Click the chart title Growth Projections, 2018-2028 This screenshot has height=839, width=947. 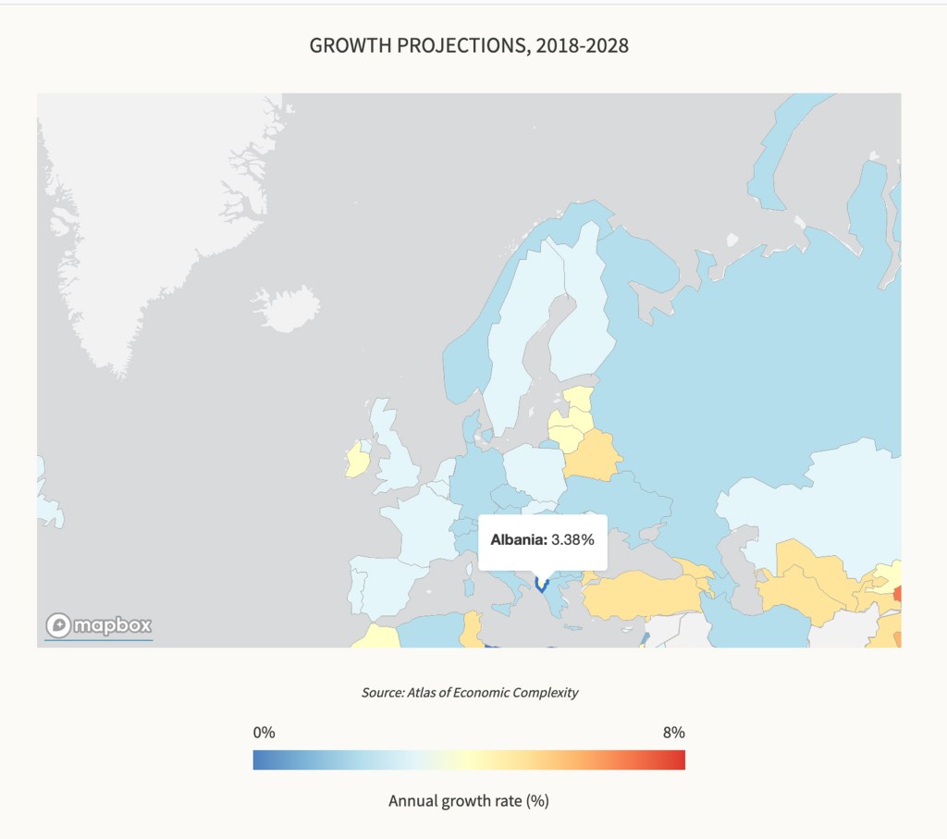469,45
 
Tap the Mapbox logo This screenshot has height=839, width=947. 99,625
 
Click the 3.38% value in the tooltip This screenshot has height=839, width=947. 572,539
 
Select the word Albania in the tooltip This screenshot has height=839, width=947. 519,539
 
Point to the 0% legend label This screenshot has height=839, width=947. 264,733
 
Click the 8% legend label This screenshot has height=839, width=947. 673,733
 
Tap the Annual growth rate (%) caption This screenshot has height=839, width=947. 469,800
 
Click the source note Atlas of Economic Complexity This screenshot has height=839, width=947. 470,692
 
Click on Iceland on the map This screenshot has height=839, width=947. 285,306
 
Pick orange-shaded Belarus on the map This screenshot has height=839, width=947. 592,454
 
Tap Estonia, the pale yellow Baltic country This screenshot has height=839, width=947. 579,399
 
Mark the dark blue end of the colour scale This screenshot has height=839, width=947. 258,760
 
